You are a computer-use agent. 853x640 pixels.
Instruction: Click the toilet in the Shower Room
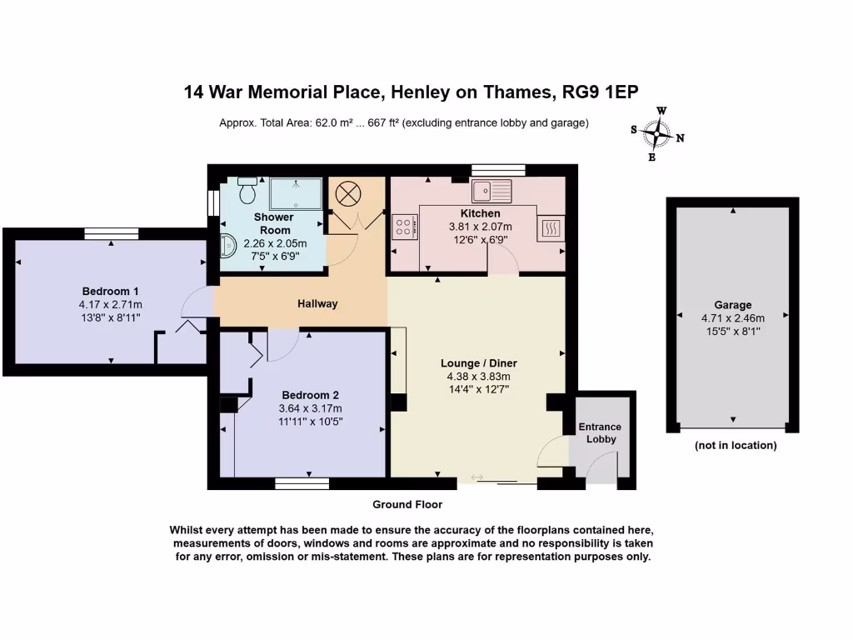click(247, 191)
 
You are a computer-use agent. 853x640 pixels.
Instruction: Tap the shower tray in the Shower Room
click(296, 193)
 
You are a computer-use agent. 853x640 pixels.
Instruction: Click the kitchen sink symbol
click(491, 191)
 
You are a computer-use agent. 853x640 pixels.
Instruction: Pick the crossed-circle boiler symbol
click(348, 194)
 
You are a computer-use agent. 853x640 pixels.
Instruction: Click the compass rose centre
click(657, 134)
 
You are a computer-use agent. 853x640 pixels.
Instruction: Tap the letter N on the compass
click(680, 138)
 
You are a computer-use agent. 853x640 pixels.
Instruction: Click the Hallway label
click(317, 303)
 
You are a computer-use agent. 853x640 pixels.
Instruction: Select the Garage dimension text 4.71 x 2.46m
click(733, 318)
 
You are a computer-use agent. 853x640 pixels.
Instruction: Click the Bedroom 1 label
click(111, 291)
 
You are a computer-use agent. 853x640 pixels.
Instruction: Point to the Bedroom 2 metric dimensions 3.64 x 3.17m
click(310, 408)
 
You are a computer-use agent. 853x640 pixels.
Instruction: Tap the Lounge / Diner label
click(479, 363)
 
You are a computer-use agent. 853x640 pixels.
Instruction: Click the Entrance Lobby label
click(600, 432)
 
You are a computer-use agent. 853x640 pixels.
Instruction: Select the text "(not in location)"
click(736, 445)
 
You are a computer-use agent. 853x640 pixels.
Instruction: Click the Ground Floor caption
click(407, 504)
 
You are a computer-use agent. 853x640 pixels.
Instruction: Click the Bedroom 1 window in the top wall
click(112, 234)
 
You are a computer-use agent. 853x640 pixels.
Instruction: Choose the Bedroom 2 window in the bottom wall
click(302, 484)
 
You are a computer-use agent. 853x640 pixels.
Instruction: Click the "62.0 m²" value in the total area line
click(333, 123)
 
